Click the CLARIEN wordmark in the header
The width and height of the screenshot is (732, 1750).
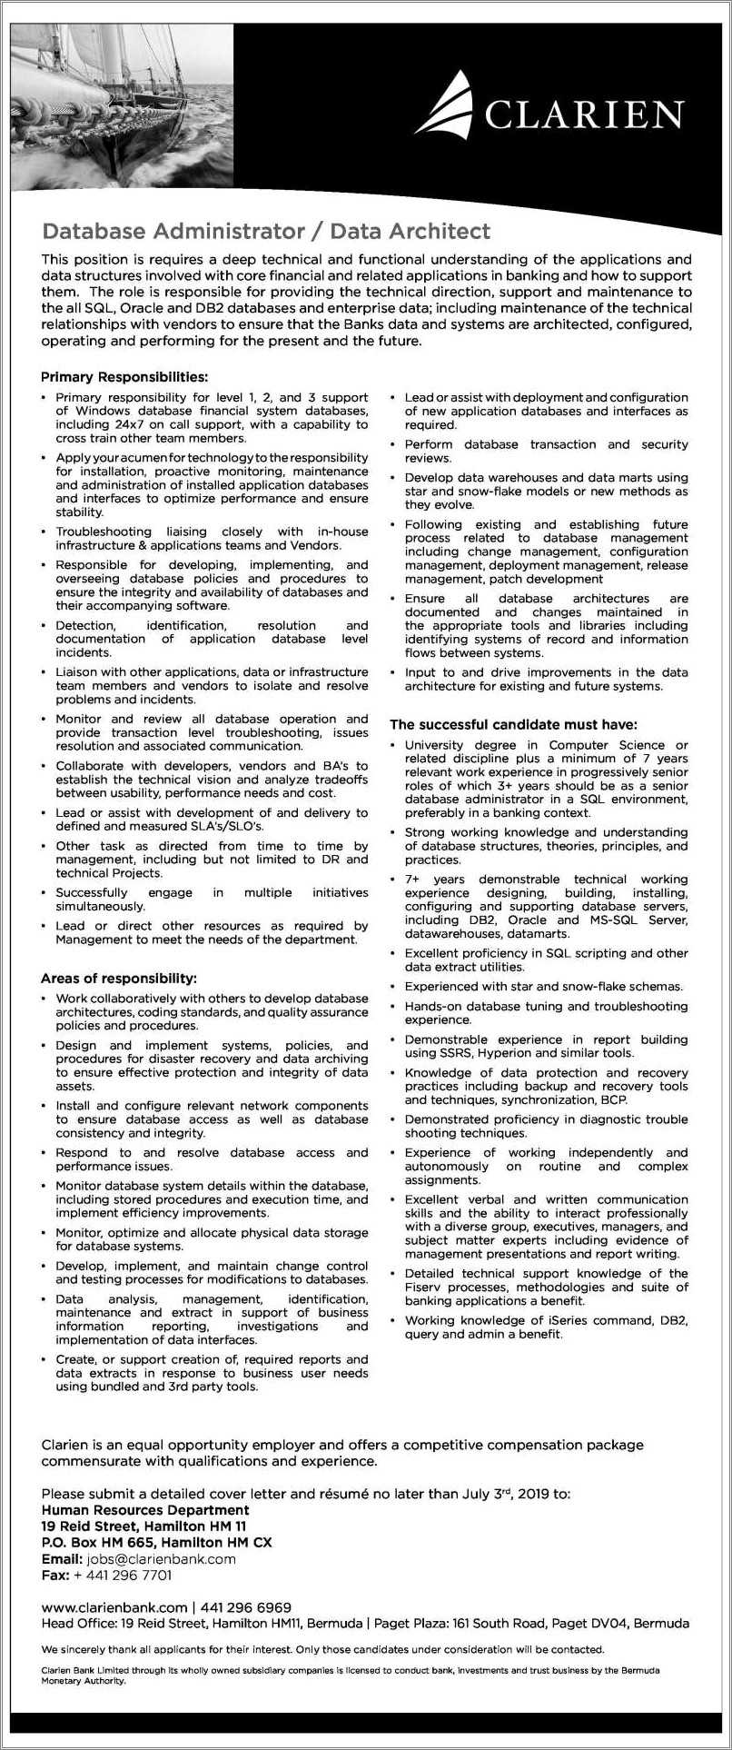(x=583, y=115)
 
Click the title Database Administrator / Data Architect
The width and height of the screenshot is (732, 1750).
(x=266, y=231)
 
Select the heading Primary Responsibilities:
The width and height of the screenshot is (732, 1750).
(x=124, y=376)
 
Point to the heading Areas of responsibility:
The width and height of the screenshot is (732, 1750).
(x=118, y=979)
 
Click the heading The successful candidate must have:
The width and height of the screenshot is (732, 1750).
(x=513, y=724)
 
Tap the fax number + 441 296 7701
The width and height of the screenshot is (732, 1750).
(x=122, y=1575)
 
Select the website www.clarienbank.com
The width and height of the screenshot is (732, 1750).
(x=114, y=1607)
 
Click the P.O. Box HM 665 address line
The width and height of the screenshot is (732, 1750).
(x=156, y=1542)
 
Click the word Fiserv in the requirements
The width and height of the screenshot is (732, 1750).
(x=423, y=1287)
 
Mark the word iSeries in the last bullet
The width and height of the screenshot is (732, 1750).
(x=545, y=1320)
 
